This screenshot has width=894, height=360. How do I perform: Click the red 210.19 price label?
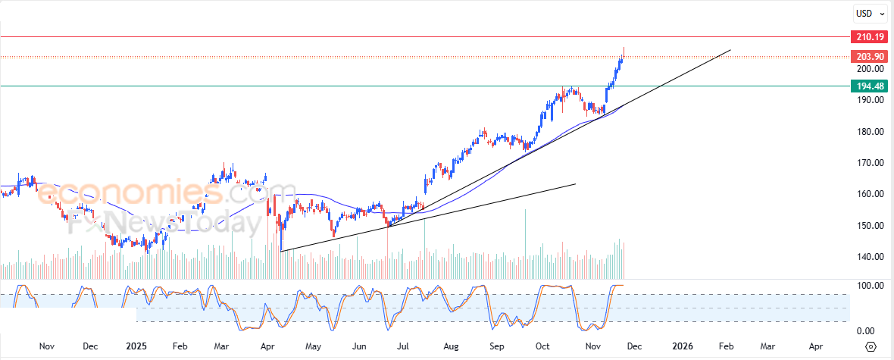(870, 37)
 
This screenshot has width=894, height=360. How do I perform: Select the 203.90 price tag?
(870, 57)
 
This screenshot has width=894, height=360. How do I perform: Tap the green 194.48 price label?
(870, 86)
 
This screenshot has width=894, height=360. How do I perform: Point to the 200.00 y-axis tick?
(869, 69)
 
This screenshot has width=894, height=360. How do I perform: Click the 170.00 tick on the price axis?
(869, 163)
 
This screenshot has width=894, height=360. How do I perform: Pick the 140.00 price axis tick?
(869, 257)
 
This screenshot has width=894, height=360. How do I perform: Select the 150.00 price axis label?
(869, 226)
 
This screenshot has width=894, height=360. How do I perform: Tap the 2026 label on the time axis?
(683, 346)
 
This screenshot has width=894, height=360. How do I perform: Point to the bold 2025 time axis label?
(137, 346)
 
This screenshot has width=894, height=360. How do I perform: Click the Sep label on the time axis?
(497, 346)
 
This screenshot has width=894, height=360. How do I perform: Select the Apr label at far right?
(816, 346)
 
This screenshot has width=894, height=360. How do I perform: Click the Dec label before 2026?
(633, 346)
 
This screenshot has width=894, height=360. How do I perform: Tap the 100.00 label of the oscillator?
(869, 286)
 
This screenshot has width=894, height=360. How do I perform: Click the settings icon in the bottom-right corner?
(871, 346)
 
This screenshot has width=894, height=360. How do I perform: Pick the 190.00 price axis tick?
(869, 100)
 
